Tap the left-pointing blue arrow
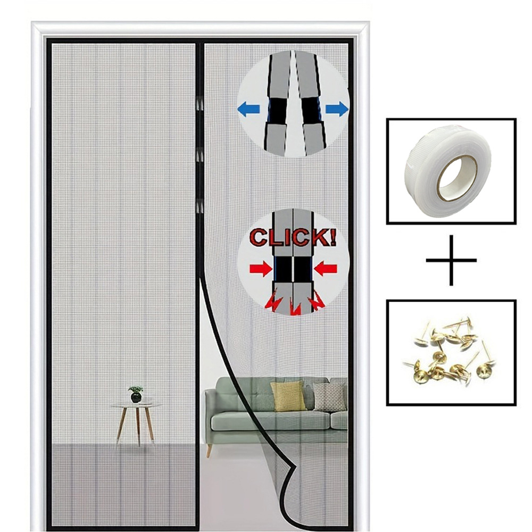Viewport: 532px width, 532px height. (248, 110)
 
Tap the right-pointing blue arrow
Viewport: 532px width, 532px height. (337, 110)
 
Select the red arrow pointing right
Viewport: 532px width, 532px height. (260, 269)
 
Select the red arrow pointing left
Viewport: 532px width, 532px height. (325, 269)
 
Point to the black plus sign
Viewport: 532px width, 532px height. (451, 261)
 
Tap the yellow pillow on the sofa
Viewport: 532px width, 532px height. (288, 396)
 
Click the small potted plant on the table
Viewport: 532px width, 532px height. (136, 394)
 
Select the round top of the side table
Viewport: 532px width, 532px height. (136, 405)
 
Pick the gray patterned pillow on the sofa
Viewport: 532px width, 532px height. (329, 397)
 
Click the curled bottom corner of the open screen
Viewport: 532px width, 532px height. (290, 479)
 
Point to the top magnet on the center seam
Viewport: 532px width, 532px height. (200, 103)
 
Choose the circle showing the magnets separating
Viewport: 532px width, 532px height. (293, 104)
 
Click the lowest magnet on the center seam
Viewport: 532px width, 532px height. (200, 205)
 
